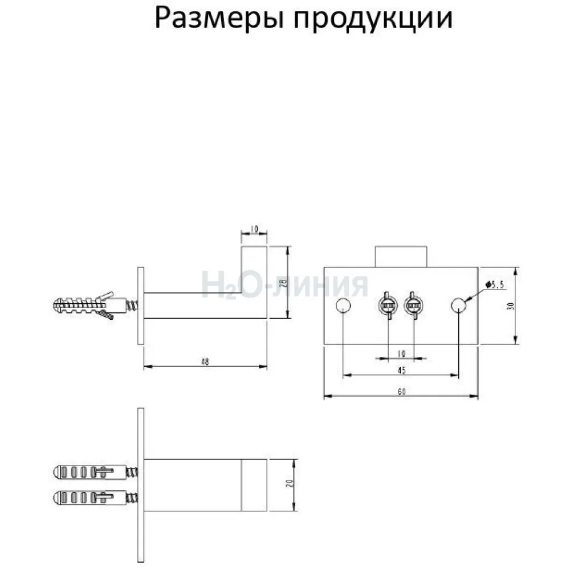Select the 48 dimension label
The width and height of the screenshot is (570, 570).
[205, 362]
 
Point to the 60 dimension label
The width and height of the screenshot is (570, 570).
[401, 392]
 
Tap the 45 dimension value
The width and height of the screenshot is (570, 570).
[401, 370]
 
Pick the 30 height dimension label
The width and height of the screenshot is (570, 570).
[511, 306]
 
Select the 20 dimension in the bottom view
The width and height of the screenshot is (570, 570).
[290, 483]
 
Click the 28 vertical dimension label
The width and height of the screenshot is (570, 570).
[285, 283]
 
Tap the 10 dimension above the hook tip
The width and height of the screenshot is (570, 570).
[254, 229]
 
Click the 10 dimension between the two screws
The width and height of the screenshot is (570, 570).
[401, 353]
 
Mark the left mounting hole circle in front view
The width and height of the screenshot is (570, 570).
[343, 306]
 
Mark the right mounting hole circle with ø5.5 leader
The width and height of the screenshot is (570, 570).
[458, 306]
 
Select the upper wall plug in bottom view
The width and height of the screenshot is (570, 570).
[95, 472]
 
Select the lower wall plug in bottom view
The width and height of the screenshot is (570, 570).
[95, 497]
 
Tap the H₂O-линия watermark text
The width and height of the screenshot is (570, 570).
[284, 286]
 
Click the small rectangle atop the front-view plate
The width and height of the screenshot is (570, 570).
[401, 256]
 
